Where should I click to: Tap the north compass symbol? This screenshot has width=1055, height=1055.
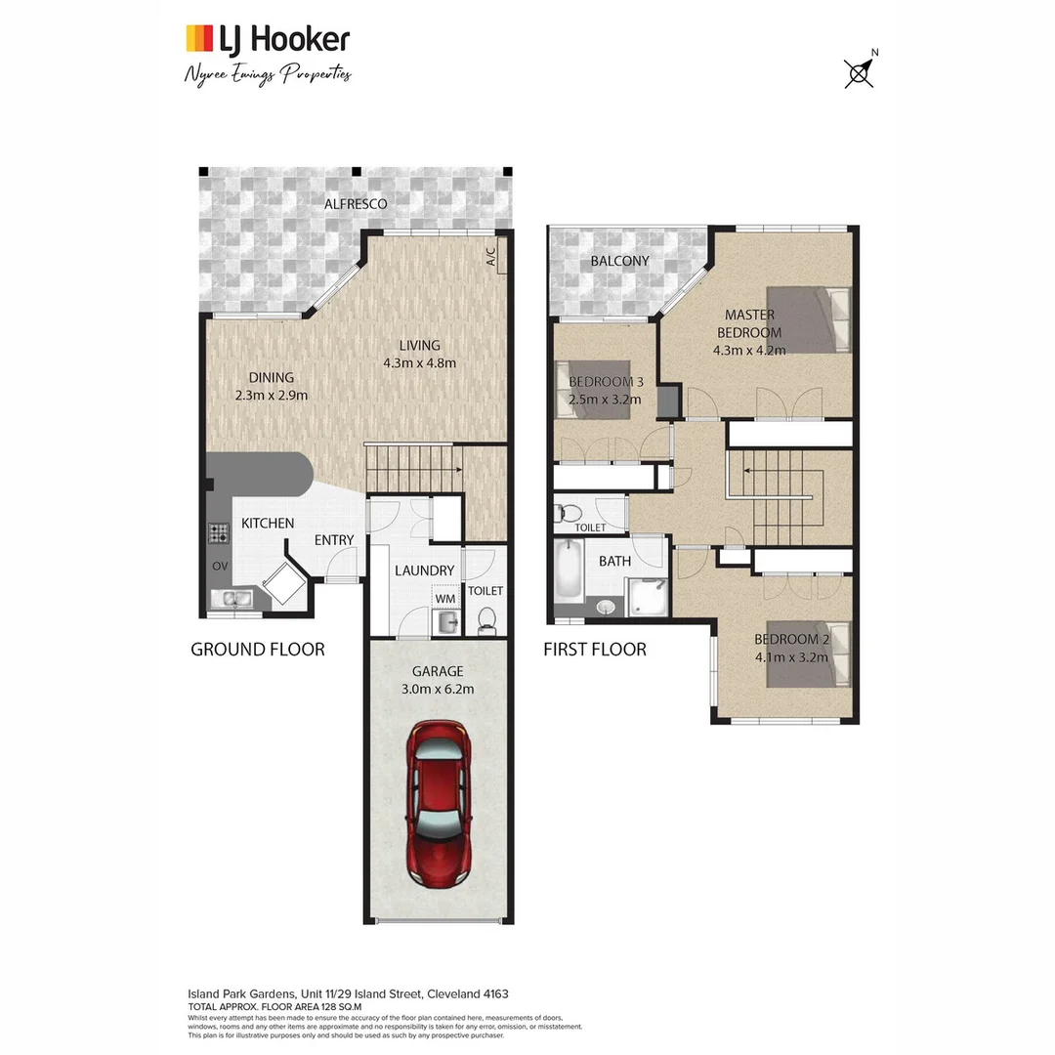859,72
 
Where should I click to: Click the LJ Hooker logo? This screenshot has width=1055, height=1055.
268,39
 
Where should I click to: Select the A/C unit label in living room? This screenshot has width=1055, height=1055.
491,257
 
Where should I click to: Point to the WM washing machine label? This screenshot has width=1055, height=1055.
445,598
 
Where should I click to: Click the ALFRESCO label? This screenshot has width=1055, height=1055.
356,204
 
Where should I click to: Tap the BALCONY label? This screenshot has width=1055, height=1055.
619,261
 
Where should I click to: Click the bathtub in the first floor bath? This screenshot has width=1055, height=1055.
569,572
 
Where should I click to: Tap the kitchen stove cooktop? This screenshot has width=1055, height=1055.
217,533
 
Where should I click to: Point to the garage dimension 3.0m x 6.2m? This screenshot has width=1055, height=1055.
438,689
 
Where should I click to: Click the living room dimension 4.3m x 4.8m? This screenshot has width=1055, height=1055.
419,362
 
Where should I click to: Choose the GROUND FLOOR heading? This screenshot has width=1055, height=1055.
257,649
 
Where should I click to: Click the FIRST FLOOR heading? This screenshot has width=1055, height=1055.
594,649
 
